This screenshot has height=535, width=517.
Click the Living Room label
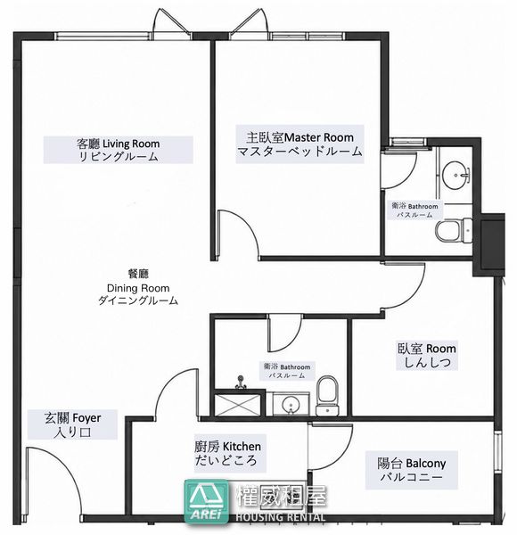[x=118, y=150]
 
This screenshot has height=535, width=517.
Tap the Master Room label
[x=300, y=144]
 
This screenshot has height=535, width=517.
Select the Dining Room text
[x=138, y=288]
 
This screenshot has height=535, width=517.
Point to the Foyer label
[x=72, y=424]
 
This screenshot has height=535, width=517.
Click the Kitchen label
[x=228, y=453]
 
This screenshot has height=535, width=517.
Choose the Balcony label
[x=411, y=470]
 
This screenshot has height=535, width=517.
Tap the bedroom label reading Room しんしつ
[x=427, y=355]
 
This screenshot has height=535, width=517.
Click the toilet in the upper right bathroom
[x=454, y=231]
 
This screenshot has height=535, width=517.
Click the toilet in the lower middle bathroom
[x=327, y=395]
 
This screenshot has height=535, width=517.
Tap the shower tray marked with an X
[x=238, y=405]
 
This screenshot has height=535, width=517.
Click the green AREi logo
[x=207, y=501]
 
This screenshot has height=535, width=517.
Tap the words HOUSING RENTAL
[x=281, y=517]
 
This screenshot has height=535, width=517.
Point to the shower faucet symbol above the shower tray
[x=241, y=383]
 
